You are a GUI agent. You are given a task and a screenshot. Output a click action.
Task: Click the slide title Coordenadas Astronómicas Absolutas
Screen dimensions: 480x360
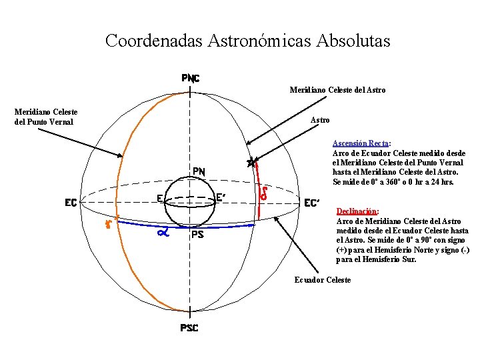click(247, 41)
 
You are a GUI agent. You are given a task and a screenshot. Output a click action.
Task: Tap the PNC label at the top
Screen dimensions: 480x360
click(191, 78)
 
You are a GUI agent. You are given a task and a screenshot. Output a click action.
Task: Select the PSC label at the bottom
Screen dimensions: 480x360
click(189, 328)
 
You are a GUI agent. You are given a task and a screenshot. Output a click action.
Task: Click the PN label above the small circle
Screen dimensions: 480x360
click(199, 171)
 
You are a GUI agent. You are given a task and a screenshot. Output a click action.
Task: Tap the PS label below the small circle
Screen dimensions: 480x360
click(197, 235)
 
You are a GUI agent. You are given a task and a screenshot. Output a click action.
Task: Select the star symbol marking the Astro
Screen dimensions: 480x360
click(251, 162)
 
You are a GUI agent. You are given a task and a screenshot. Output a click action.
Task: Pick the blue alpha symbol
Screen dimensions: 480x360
click(162, 233)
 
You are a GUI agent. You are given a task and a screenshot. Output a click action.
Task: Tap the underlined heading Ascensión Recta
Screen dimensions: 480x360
click(361, 143)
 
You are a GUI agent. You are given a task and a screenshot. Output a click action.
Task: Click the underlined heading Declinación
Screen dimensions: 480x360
click(357, 211)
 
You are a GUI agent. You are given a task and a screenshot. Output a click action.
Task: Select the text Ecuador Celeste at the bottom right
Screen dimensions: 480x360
click(323, 280)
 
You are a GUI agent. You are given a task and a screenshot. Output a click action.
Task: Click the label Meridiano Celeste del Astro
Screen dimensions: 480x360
click(337, 90)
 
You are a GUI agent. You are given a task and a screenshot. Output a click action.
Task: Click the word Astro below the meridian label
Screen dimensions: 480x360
click(321, 120)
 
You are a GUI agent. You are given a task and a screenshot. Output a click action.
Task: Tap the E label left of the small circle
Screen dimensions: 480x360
click(161, 197)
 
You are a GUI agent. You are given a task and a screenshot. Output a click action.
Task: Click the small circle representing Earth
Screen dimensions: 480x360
click(191, 203)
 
